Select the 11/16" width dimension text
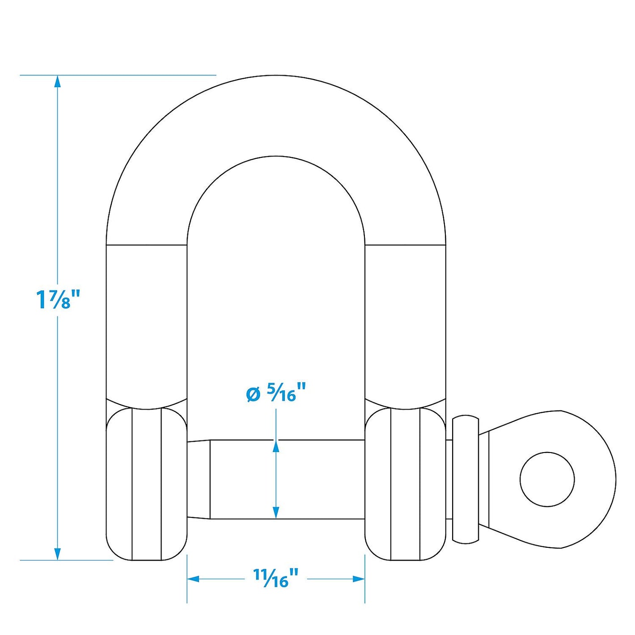(275, 578)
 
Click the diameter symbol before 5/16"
(253, 394)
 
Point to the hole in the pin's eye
(547, 479)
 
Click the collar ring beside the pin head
(466, 479)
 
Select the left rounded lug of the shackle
(146, 484)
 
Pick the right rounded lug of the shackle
(405, 484)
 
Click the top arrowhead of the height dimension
(57, 81)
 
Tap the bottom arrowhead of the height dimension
(57, 554)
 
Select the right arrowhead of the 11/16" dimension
(359, 579)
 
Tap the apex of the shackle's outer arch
(276, 76)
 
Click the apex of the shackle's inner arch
(276, 157)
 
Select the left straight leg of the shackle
(146, 322)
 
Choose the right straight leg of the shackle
(405, 322)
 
